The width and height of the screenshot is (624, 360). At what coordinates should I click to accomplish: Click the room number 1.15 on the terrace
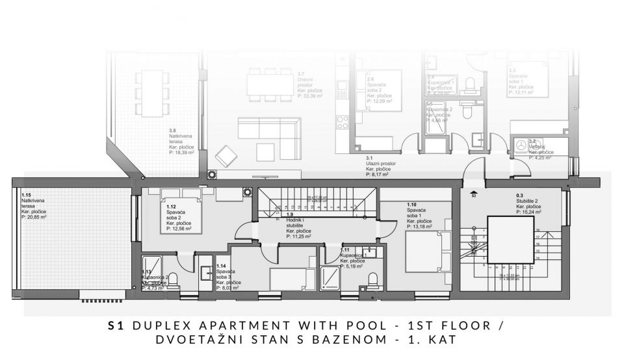tap(27, 194)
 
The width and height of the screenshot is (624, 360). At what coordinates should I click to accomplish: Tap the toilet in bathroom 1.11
tap(373, 279)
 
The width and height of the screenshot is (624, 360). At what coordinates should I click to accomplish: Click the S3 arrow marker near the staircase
tap(474, 192)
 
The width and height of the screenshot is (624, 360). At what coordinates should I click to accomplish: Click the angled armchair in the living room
tap(226, 155)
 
